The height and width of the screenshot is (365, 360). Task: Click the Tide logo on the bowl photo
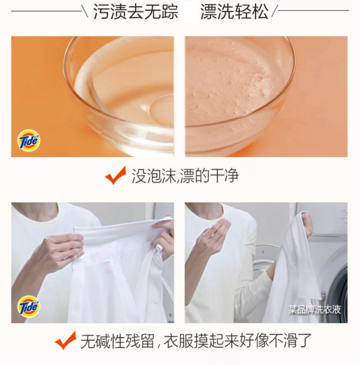pyautogui.click(x=29, y=140)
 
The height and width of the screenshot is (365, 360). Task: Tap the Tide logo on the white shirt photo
pyautogui.click(x=29, y=306)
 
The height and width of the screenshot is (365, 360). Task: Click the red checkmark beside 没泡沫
pyautogui.click(x=116, y=175)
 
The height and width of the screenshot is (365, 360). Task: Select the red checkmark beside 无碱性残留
pyautogui.click(x=66, y=340)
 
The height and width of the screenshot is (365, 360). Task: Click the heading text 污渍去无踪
pyautogui.click(x=136, y=11)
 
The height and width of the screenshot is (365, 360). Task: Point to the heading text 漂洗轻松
pyautogui.click(x=234, y=11)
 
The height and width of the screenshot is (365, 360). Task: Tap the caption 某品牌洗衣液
pyautogui.click(x=314, y=309)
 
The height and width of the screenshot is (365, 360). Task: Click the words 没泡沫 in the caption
pyautogui.click(x=154, y=176)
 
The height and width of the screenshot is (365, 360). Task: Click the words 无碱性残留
pyautogui.click(x=118, y=341)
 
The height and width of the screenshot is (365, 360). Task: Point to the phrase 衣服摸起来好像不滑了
pyautogui.click(x=237, y=341)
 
